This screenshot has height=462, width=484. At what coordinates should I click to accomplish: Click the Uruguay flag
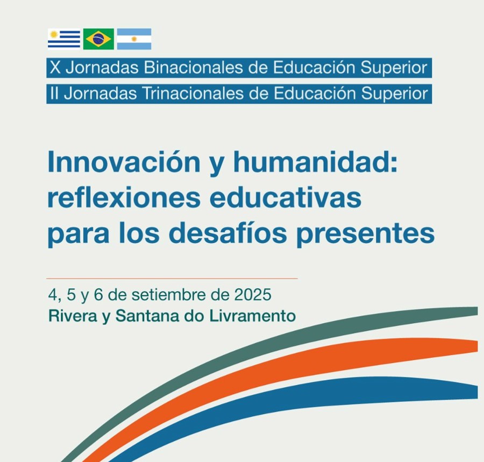(64, 39)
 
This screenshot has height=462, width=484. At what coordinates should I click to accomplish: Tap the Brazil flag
(98, 39)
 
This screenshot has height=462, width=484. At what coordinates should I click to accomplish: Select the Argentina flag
(134, 39)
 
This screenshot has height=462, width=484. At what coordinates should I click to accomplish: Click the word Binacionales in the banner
(193, 68)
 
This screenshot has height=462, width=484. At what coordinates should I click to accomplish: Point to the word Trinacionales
(193, 94)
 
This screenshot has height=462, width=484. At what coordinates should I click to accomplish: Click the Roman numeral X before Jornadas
(55, 68)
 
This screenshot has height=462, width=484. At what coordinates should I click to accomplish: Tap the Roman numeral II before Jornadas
(54, 94)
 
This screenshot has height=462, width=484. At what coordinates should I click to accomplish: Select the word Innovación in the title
(124, 162)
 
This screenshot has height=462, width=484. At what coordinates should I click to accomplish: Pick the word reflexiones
(124, 198)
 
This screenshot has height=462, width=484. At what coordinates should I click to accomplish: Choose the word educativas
(286, 198)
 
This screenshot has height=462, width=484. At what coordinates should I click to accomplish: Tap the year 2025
(253, 295)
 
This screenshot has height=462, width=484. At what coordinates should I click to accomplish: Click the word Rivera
(73, 316)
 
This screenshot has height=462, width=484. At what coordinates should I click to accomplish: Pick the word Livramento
(253, 316)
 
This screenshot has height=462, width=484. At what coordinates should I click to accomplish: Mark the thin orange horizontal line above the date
(172, 279)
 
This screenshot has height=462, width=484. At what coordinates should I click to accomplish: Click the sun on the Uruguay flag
(54, 34)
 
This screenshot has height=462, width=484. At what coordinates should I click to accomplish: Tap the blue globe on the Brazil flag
(98, 39)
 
